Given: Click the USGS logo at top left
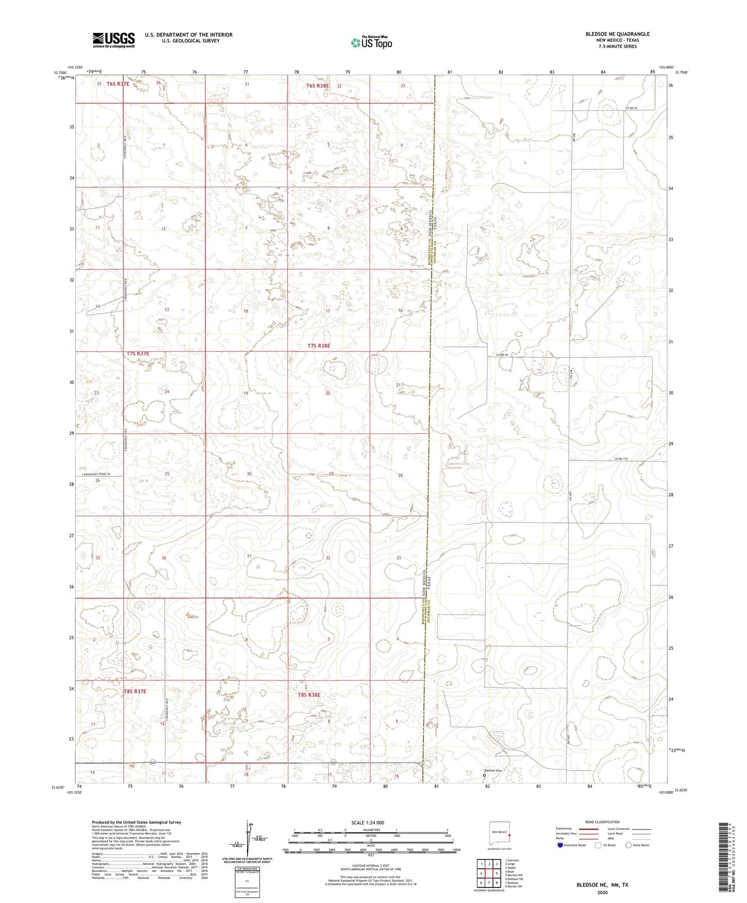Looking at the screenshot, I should point(114,40).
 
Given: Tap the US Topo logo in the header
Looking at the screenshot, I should point(371,42).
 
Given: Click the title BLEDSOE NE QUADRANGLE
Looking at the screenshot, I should point(617,34).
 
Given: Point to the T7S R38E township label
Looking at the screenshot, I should point(318,345).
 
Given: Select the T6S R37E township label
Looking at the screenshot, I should point(118,83).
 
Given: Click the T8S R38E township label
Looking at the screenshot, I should point(309,695).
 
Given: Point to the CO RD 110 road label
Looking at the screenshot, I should point(622,458).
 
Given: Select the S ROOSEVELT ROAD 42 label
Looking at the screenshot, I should point(96,475).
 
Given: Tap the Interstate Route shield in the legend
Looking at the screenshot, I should point(560,845).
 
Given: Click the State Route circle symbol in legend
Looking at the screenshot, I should point(629,845).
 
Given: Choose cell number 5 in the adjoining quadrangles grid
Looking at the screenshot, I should point(496,874).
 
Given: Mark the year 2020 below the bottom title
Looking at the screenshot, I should point(602,892).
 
